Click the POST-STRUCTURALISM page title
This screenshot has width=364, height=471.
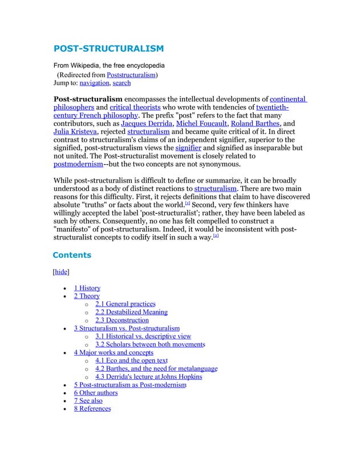[x=108, y=48]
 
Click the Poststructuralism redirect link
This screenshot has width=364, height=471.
[x=132, y=75]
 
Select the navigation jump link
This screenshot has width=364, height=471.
[x=94, y=83]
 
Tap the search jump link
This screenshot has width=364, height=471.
[x=122, y=83]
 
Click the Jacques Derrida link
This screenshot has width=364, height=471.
[x=146, y=123]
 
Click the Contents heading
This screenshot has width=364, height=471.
[x=72, y=255]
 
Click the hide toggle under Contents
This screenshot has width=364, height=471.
[x=61, y=272]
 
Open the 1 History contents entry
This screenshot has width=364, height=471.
[x=87, y=288]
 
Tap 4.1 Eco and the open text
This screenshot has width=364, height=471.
[x=131, y=361]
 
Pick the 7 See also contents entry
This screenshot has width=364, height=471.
[x=88, y=401]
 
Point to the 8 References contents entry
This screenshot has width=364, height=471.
[x=92, y=409]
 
